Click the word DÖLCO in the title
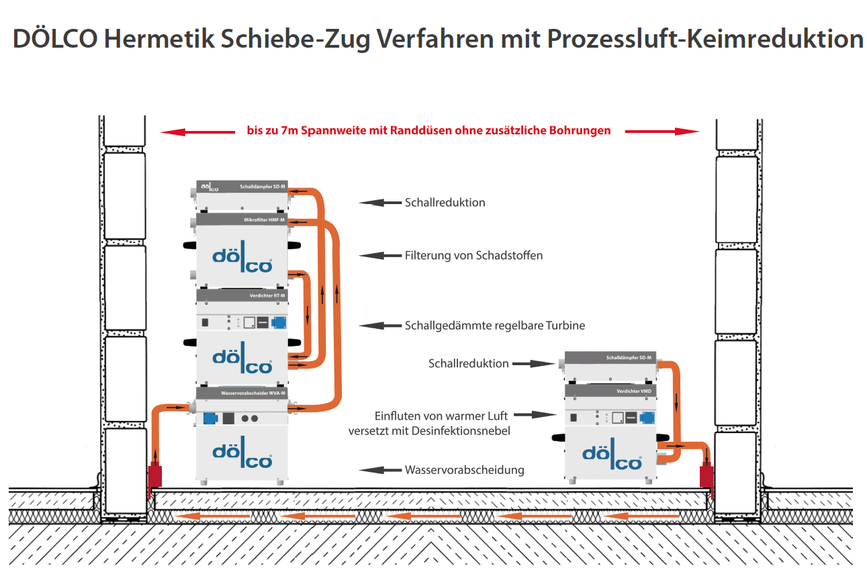click(54, 39)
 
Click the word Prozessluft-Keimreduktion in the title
click(704, 39)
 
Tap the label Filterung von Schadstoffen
click(473, 255)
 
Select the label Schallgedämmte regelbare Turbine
click(495, 326)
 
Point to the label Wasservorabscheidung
click(464, 470)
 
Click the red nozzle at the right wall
click(706, 476)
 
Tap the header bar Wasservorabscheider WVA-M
click(241, 393)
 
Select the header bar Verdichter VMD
click(610, 390)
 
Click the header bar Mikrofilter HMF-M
click(241, 220)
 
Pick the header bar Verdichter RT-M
click(241, 295)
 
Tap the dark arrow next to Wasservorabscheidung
click(379, 470)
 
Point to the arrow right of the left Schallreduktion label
click(379, 202)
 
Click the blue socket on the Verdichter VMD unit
click(647, 418)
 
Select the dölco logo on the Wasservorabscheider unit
click(242, 457)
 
